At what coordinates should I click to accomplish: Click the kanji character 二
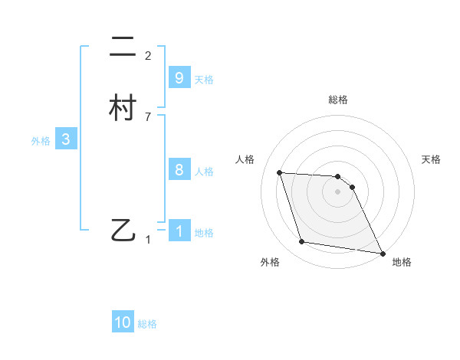click(123, 48)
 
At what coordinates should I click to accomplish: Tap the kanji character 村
click(123, 109)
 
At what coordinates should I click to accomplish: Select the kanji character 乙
click(123, 230)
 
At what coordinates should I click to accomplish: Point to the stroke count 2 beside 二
click(148, 56)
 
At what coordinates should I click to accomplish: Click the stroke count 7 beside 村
click(148, 116)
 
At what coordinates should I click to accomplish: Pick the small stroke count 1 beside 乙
click(148, 240)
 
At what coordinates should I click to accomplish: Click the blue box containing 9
click(179, 78)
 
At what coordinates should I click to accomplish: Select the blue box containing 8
click(179, 170)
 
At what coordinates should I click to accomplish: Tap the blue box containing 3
click(66, 139)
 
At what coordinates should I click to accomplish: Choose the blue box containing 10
click(123, 322)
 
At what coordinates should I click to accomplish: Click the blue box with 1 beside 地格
click(179, 231)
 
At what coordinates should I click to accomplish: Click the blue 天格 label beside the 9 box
click(204, 80)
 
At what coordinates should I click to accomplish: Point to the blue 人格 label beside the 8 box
click(204, 172)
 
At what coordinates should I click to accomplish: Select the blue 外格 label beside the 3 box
click(41, 141)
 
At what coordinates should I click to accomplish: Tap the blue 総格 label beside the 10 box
click(147, 324)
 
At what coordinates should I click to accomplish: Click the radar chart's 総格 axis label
click(338, 100)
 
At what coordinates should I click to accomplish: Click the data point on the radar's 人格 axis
click(280, 172)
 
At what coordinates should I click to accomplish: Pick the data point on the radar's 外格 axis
click(302, 242)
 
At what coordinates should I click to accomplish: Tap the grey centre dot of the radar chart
click(338, 191)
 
